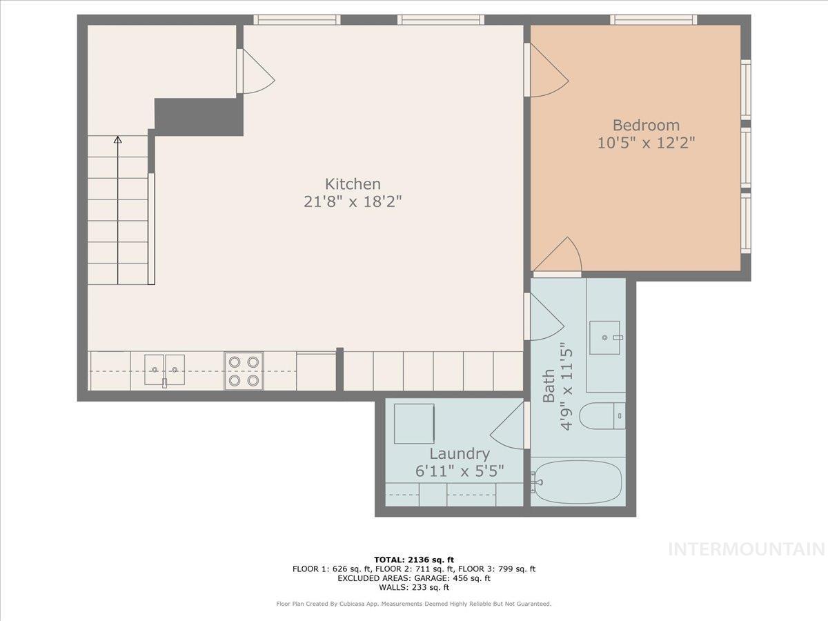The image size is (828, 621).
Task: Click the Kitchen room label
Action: [353, 184]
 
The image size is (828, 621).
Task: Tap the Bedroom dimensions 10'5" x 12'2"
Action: [646, 144]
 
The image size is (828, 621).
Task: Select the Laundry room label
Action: [460, 454]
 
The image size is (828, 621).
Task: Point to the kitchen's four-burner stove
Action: [244, 371]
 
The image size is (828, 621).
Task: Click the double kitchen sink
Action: [165, 370]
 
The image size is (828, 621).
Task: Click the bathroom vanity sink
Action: [604, 337]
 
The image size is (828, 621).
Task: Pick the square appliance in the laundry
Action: [414, 424]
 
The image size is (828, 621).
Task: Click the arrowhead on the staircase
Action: [117, 140]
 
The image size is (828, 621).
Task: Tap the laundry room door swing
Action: [509, 428]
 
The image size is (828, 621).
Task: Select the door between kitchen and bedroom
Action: [547, 71]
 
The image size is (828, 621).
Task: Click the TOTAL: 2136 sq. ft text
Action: [414, 560]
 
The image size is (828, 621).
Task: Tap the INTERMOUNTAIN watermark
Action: [747, 549]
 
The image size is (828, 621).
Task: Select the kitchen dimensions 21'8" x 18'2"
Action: [353, 202]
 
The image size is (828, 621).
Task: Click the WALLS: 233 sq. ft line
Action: [414, 588]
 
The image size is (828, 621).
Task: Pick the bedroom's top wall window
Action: [653, 19]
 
